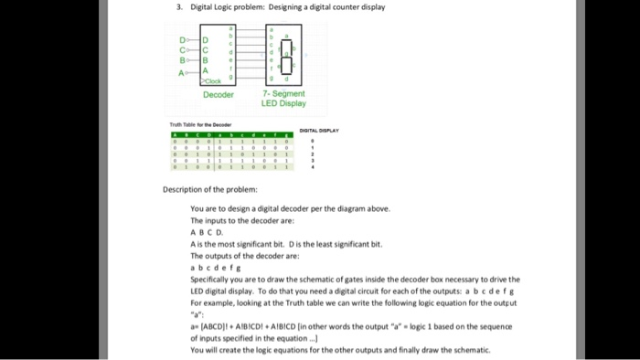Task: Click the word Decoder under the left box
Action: pyautogui.click(x=219, y=94)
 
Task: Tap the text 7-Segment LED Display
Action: pyautogui.click(x=283, y=99)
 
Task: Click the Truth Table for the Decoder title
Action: pyautogui.click(x=202, y=124)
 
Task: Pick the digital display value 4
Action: pyautogui.click(x=314, y=168)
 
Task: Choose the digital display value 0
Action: pyautogui.click(x=314, y=142)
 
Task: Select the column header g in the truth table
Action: pyautogui.click(x=287, y=135)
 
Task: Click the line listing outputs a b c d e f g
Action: pyautogui.click(x=208, y=268)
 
